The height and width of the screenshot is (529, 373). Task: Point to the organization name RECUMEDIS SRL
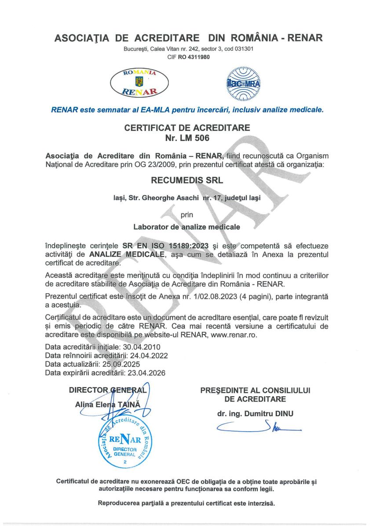186,180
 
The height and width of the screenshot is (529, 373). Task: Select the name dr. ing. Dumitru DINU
255,414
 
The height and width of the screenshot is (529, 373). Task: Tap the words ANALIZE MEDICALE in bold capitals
127,254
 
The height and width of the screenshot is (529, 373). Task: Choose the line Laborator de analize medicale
186,227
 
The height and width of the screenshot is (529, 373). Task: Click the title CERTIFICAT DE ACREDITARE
187,128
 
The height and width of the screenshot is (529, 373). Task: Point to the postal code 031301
241,49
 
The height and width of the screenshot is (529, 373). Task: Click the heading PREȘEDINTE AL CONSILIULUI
255,390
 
